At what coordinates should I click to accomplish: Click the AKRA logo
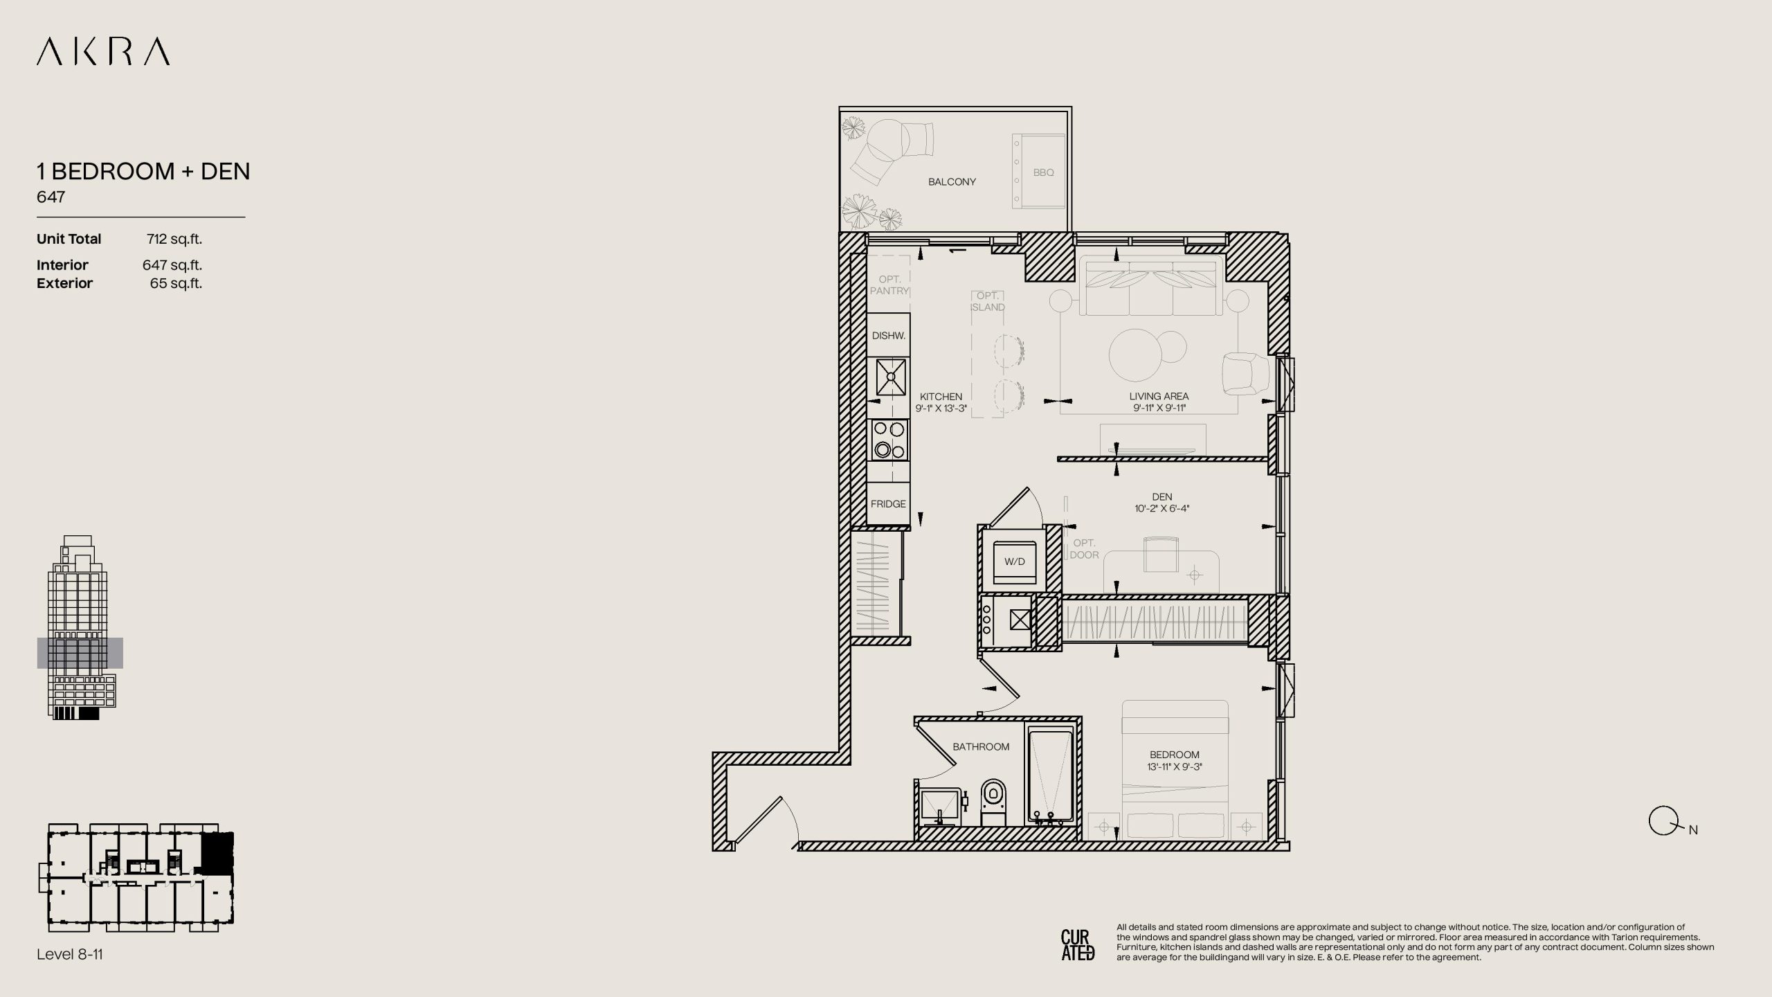coord(103,52)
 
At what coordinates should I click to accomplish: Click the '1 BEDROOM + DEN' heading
coord(143,171)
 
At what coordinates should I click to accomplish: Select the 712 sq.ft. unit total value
coord(174,239)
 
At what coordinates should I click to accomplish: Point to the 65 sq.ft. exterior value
coord(176,283)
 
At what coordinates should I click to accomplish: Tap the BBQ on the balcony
coord(1038,172)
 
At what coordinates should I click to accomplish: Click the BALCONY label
coord(952,182)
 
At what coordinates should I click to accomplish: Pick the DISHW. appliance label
coord(889,336)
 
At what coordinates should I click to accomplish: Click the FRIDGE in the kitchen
coord(889,503)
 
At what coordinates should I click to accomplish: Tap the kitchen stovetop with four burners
coord(889,440)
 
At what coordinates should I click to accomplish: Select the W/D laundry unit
coord(1015,562)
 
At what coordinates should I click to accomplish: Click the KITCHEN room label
coord(941,397)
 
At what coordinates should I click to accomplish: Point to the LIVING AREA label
coord(1159,397)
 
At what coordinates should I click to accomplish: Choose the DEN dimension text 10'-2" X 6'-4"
coord(1162,509)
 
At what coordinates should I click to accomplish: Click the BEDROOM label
coord(1175,755)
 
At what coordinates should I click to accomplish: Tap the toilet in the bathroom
coord(993,802)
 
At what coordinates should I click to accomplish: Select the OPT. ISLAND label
coord(988,302)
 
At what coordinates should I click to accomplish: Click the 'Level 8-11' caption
coord(70,954)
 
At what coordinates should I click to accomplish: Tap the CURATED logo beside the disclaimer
coord(1078,945)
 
